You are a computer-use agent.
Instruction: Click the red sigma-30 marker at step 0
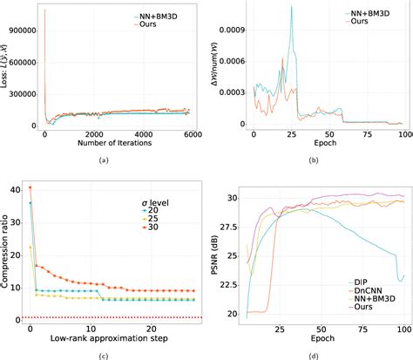click(30, 187)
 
